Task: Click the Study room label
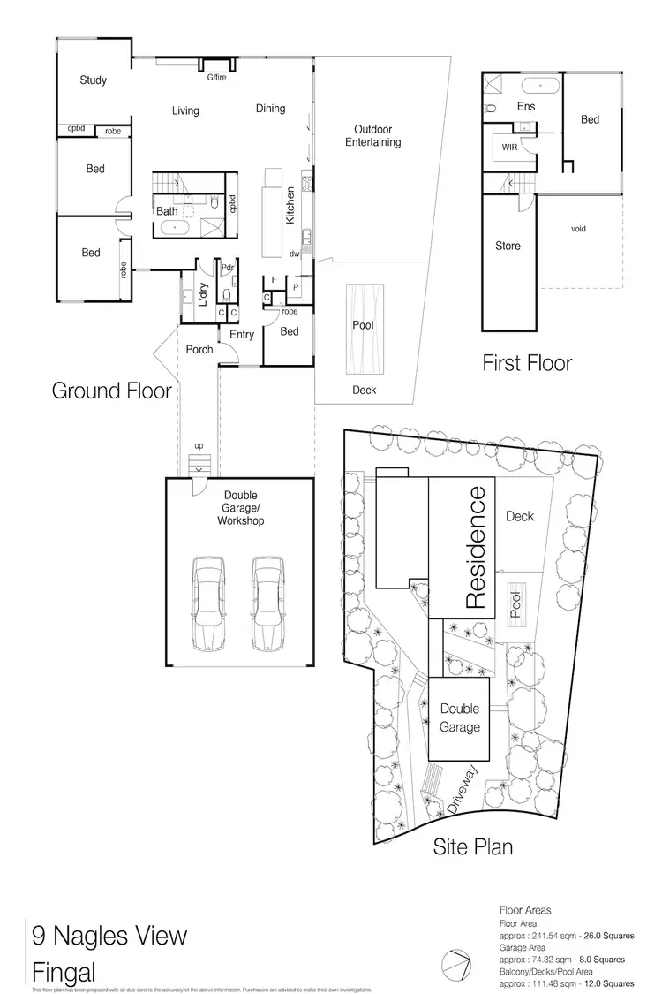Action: pyautogui.click(x=93, y=80)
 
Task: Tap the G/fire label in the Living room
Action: pyautogui.click(x=214, y=79)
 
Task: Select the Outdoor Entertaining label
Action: pyautogui.click(x=372, y=135)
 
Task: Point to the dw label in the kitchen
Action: pyautogui.click(x=294, y=254)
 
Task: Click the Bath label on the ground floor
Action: pyautogui.click(x=167, y=211)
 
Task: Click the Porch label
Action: pyautogui.click(x=199, y=350)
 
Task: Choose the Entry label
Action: pyautogui.click(x=242, y=335)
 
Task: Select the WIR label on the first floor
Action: pyautogui.click(x=508, y=148)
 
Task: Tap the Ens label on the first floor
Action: pyautogui.click(x=526, y=106)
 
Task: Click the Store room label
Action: pyautogui.click(x=508, y=246)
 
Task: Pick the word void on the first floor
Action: pyautogui.click(x=578, y=229)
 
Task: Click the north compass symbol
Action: pyautogui.click(x=455, y=963)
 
